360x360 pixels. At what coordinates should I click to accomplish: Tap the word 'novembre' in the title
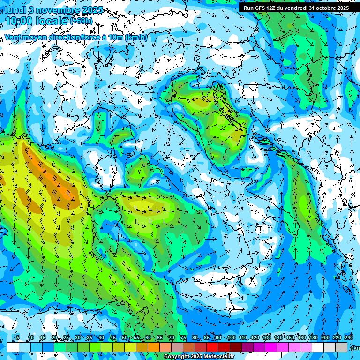(55, 10)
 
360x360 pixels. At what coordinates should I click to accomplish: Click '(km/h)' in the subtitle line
(137, 37)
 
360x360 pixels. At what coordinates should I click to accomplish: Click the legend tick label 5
(18, 338)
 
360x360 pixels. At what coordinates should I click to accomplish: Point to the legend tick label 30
(78, 338)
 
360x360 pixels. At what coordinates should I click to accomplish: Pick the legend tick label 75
(183, 338)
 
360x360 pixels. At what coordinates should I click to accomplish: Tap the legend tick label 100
(231, 338)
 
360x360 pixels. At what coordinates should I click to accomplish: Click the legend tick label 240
(348, 338)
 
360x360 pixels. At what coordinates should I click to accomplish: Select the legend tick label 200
(325, 338)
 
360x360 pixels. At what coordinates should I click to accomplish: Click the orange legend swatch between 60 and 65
(154, 347)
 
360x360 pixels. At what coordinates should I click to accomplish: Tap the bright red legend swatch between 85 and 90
(212, 347)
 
